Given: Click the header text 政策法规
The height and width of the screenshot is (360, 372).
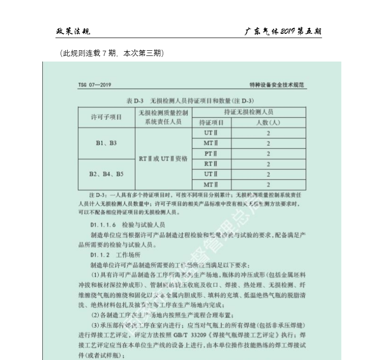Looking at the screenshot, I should tap(73, 31).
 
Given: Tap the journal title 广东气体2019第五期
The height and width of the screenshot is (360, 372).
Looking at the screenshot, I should tap(283, 31).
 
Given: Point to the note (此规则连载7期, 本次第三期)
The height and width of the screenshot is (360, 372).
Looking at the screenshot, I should tap(112, 54).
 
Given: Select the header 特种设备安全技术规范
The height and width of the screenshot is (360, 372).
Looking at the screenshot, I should tap(277, 86).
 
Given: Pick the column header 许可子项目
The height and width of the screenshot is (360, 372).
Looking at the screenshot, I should tap(106, 117).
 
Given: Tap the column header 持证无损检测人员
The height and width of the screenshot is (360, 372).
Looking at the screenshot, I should tap(249, 112).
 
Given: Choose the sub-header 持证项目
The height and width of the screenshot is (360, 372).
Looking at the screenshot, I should tap(211, 123).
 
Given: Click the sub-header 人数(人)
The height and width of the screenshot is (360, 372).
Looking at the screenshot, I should tap(268, 123).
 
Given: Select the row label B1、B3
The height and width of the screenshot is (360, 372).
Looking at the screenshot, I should tap(106, 143).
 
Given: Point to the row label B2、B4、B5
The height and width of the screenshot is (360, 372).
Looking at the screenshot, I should tap(106, 174).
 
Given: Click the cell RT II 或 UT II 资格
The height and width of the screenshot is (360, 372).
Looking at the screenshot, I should tap(163, 159).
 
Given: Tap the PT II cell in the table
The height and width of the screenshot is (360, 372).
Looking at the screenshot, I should tap(211, 154).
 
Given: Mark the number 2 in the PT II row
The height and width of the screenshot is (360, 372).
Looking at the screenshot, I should tap(269, 154).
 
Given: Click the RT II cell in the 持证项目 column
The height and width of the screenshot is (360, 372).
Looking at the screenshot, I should tap(211, 164).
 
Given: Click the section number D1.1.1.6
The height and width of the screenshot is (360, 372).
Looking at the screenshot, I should tap(103, 225).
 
